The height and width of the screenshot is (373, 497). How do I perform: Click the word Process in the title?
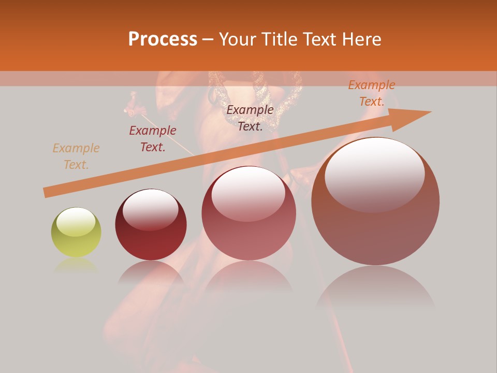tap(163, 39)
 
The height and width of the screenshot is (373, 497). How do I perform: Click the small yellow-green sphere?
tap(76, 232)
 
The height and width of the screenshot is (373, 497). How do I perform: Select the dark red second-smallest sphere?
tap(151, 225)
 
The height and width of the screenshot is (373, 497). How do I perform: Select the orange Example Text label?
tap(372, 93)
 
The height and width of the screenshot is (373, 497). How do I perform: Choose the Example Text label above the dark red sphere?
tap(153, 139)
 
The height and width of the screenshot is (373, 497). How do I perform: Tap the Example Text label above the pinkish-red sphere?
tap(250, 118)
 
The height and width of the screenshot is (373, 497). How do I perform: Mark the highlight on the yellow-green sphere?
tap(76, 222)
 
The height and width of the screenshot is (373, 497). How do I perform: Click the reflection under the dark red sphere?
tap(151, 272)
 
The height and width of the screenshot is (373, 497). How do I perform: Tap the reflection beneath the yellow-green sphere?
tap(76, 265)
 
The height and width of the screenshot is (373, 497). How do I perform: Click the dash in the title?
tap(208, 39)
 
